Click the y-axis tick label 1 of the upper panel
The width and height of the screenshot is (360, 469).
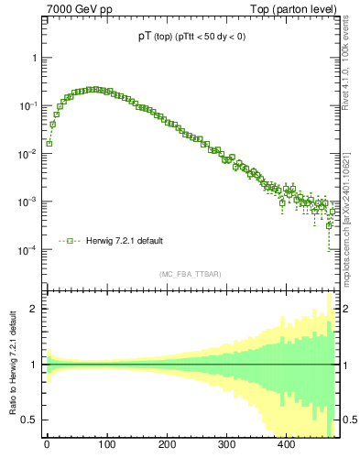[34, 58]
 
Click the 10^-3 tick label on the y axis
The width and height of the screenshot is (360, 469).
[28, 202]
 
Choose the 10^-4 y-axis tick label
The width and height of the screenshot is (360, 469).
[28, 250]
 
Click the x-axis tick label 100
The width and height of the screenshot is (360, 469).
[106, 446]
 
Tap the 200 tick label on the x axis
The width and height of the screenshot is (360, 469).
[166, 446]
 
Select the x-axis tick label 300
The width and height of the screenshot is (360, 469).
[226, 446]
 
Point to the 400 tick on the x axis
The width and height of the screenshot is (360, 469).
[286, 446]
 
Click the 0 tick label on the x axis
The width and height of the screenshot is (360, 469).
[47, 446]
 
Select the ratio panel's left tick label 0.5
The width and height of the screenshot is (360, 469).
[30, 420]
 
